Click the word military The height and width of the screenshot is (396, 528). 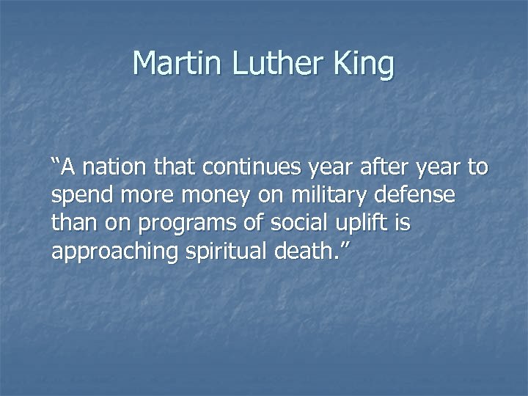pyautogui.click(x=326, y=197)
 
